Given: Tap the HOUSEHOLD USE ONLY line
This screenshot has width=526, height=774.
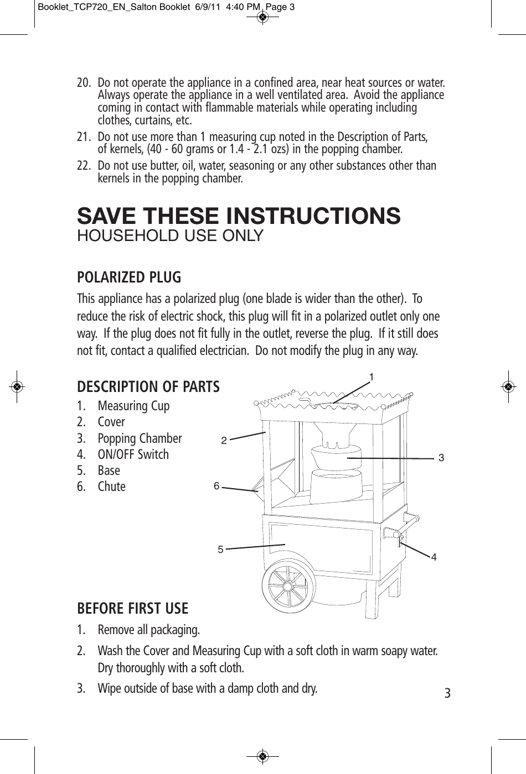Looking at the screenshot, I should click(x=170, y=236).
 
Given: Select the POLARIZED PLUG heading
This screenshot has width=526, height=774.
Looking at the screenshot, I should click(x=129, y=276).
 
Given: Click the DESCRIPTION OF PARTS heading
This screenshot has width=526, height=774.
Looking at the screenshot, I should click(x=148, y=386).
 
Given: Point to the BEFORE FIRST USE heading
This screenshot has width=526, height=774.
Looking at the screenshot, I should click(x=133, y=609).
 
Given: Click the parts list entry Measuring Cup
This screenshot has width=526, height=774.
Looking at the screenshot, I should click(x=133, y=406).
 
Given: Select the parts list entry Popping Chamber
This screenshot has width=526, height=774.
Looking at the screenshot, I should click(x=140, y=438).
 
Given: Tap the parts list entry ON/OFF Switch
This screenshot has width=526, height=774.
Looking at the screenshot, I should click(x=133, y=454).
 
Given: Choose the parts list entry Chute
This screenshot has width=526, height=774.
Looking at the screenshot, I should click(x=111, y=487).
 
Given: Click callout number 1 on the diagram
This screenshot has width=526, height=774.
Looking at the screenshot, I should click(x=372, y=376).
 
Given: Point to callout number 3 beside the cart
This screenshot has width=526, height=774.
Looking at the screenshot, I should click(x=441, y=458).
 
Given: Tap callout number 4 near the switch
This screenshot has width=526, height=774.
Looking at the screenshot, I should click(x=434, y=557).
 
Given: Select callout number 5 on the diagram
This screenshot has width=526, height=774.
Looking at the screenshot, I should click(x=220, y=550).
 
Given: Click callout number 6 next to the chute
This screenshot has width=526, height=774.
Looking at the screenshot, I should click(x=216, y=486).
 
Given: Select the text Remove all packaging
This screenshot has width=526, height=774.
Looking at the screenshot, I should click(x=149, y=630).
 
